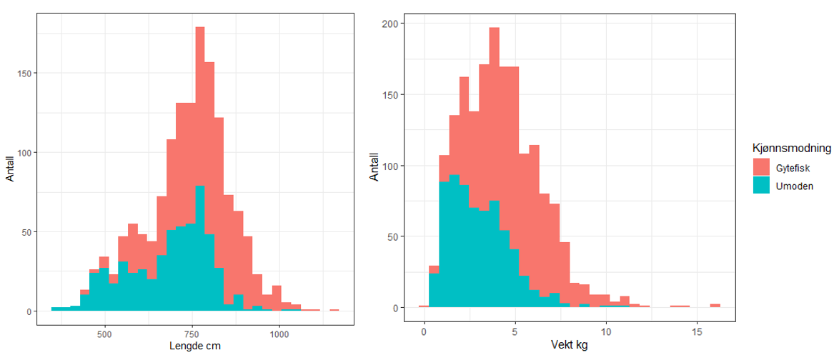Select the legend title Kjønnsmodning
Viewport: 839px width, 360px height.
click(791, 149)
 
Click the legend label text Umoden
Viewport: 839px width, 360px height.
click(792, 184)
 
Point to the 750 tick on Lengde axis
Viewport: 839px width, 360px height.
click(192, 334)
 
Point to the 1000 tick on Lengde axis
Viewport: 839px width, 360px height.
click(279, 334)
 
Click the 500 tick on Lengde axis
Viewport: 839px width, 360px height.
click(105, 334)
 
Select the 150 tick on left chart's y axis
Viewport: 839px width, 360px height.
click(22, 73)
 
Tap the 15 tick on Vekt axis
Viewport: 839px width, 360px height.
click(697, 334)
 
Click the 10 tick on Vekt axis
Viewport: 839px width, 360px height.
click(606, 334)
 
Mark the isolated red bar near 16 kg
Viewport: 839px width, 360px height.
click(715, 306)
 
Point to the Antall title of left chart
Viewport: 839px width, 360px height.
click(10, 169)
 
